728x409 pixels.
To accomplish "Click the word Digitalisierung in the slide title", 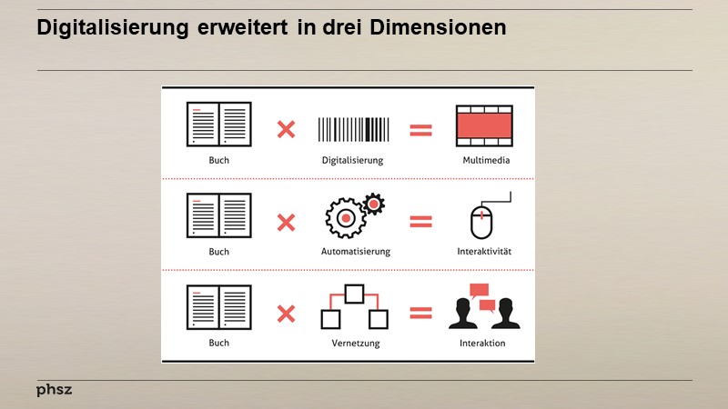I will tap(113, 29).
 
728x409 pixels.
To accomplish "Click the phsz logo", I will tap(54, 390).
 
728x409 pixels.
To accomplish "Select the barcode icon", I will tap(352, 129).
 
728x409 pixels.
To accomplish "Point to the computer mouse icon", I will tap(482, 222).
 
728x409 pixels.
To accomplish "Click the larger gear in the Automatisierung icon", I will tap(346, 218).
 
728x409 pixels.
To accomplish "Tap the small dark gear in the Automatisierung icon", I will tap(373, 204).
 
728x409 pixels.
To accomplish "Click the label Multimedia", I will tap(485, 160).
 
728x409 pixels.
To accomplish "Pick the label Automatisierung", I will tap(354, 251).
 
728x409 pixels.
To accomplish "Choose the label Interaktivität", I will tap(485, 251).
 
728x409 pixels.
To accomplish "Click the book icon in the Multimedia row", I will tap(218, 125).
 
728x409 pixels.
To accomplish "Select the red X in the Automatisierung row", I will tap(286, 221).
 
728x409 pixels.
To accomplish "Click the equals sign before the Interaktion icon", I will tap(420, 314).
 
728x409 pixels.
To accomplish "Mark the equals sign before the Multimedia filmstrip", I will tap(420, 129).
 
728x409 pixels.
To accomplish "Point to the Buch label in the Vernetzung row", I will tap(218, 343).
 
